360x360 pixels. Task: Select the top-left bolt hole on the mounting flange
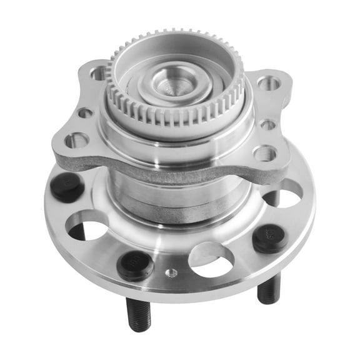(x=98, y=73)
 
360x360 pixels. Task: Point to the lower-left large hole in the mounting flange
(x=76, y=140)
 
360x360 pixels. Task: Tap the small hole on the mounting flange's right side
(x=267, y=124)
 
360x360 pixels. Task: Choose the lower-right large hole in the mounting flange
(x=264, y=152)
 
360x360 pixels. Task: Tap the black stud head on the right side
(x=269, y=238)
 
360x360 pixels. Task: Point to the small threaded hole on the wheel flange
(x=171, y=272)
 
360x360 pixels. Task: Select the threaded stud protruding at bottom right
(x=269, y=288)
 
